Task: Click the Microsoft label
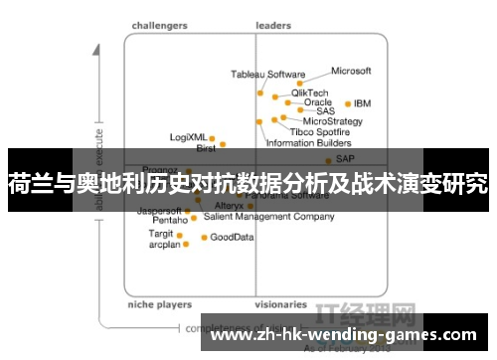coord(350,72)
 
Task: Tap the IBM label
coord(363,103)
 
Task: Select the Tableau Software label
coord(268,75)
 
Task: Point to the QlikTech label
coord(309,93)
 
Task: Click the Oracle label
coord(317,102)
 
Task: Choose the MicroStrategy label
coord(325,121)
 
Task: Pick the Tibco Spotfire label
coord(319,131)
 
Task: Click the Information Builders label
coord(308,143)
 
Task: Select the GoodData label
coord(232,238)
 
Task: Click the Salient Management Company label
coord(268,216)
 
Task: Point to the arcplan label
coord(164,244)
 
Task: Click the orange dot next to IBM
coord(347,103)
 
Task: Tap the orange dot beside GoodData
coord(204,238)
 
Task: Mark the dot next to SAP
coord(329,158)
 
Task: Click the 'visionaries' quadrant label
coord(280,305)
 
